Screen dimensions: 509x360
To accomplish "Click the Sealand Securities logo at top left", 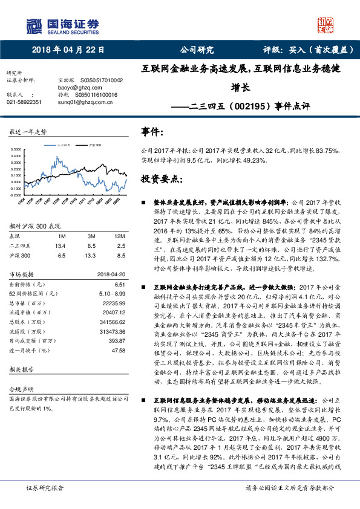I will [x=63, y=25].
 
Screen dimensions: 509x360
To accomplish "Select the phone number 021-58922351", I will [x=24, y=102].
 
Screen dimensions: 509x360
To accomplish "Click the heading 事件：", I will [x=152, y=131].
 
